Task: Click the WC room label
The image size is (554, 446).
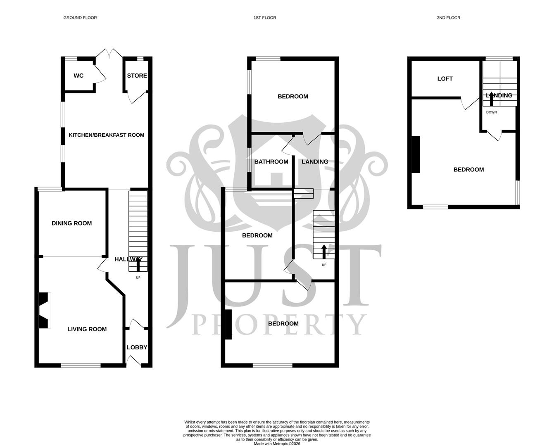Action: point(78,76)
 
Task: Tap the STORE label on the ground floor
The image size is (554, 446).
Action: point(137,76)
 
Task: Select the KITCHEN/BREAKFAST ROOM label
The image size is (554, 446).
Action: point(106,135)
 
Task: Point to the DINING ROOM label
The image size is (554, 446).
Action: point(71,223)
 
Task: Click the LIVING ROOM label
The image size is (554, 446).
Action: point(87,329)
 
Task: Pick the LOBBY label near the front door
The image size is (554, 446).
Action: point(137,347)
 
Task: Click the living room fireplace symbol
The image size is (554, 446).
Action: point(44,311)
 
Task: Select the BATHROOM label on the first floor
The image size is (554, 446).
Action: point(271,162)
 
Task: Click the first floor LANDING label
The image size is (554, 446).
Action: point(315,162)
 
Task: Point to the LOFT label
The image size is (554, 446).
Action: point(445,79)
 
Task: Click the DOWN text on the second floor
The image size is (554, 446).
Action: point(491,112)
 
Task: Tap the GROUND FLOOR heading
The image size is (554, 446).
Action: point(80,18)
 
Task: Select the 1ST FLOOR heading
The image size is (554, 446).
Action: point(265,18)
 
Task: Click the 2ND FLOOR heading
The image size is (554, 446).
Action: point(448,18)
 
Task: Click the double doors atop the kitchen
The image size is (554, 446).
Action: point(109,54)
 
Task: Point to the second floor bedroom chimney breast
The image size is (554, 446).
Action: point(416,154)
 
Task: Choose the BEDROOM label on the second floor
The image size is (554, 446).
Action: point(468,170)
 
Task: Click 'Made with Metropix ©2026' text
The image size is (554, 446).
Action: point(277,444)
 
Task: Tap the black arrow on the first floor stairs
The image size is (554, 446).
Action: point(323,251)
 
